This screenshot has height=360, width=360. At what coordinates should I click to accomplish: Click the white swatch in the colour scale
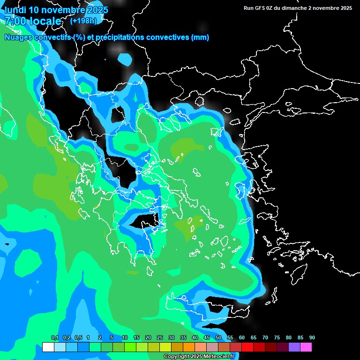(x=48, y=347)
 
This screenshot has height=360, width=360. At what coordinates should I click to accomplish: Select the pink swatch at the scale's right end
(x=306, y=347)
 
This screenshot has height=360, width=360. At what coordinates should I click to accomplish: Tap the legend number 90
(x=312, y=337)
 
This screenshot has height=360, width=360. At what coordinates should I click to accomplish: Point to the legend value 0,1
(x=55, y=337)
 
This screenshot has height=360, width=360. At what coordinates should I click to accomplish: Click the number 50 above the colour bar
(x=218, y=337)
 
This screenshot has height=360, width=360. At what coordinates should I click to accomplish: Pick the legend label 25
(x=160, y=337)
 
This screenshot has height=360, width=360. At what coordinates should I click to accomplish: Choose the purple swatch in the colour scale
(x=294, y=347)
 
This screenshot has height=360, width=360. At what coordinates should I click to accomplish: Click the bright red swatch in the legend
(x=247, y=347)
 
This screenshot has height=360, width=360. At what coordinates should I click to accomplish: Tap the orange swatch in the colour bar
(x=189, y=347)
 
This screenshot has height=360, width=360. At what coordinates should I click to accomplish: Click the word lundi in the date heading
(x=15, y=10)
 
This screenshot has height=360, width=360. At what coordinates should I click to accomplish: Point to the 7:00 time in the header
(x=15, y=21)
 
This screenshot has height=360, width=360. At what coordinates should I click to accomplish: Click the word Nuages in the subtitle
(x=18, y=37)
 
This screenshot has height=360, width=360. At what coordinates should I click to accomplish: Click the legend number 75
(x=277, y=337)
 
